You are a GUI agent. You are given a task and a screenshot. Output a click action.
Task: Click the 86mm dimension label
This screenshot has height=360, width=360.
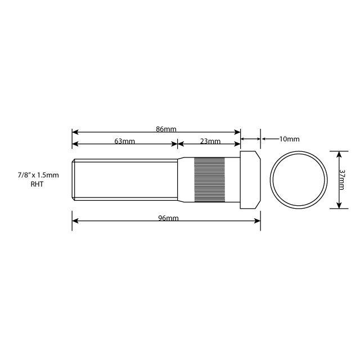coord(166,129)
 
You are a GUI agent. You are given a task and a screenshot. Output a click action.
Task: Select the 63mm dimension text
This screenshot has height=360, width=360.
coord(124,141)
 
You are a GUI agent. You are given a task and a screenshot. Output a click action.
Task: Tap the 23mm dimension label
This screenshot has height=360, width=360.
coord(210,141)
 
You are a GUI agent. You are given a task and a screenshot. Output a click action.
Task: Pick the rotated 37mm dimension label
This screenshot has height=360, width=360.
coord(343,179)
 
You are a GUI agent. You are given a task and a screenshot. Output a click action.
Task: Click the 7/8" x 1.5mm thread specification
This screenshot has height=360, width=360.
coord(38,175)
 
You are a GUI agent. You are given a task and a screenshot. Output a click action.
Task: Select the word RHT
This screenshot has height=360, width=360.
coord(38,184)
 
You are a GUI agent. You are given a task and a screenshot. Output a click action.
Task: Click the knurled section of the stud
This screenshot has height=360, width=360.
coord(210,179)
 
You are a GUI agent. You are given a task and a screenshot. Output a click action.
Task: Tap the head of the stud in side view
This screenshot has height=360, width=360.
coord(250,179)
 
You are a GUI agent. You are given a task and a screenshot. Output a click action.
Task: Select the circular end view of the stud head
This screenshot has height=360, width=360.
coord(299,179)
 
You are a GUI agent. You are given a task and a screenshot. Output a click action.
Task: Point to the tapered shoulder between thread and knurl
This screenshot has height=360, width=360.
coord(186,179)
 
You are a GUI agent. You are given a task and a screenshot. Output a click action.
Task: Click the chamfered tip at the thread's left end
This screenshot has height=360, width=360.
coord(74,179)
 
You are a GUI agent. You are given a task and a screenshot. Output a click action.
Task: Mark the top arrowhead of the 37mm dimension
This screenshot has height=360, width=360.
coord(339,154)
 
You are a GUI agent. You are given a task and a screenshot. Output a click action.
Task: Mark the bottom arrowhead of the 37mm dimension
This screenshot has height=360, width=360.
coord(339,205)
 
